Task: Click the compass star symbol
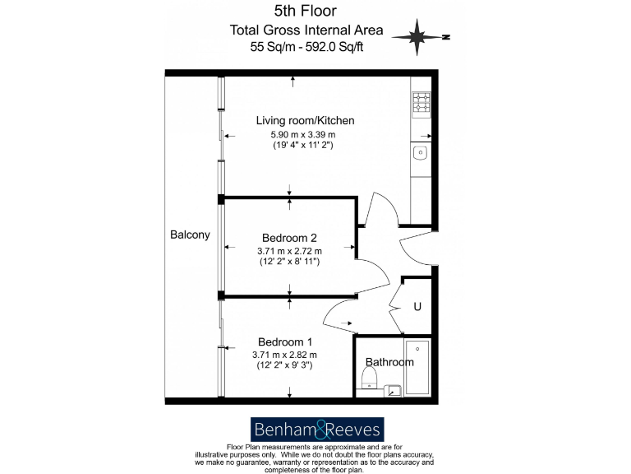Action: point(417,36)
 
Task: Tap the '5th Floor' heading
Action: point(306,11)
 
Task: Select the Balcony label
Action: point(190,235)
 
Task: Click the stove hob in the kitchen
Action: point(421,103)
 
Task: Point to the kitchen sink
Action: point(420,152)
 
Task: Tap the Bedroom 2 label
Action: point(288,238)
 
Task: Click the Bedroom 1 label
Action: point(284,342)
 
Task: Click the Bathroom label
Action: point(389,362)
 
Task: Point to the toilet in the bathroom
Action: point(370,379)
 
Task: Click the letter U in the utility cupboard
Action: point(417,307)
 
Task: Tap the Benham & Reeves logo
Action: point(316,429)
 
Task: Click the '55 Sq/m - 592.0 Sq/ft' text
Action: point(306,46)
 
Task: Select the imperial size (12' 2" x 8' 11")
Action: point(288,261)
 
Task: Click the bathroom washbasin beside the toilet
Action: point(394,389)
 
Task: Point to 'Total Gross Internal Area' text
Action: point(306,30)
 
